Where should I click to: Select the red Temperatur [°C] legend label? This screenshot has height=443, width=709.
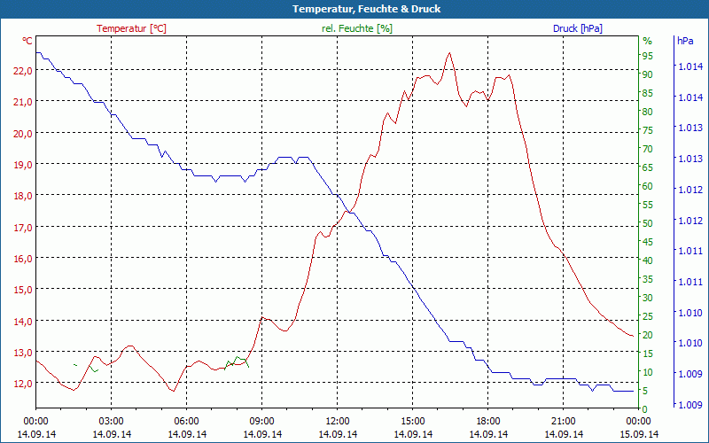[x=131, y=28]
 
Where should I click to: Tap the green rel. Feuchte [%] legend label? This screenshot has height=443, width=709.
[x=357, y=28]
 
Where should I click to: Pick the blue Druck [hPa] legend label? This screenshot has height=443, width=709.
[x=577, y=28]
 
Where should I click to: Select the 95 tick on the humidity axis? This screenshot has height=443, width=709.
[x=648, y=56]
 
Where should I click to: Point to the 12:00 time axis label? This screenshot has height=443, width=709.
[x=338, y=421]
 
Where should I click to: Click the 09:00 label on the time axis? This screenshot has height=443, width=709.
[x=262, y=421]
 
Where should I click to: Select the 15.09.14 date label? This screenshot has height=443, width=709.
[x=639, y=434]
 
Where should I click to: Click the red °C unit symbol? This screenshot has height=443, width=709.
[x=27, y=41]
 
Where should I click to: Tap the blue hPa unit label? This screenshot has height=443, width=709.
[x=685, y=41]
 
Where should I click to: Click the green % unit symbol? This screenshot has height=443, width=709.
[x=647, y=41]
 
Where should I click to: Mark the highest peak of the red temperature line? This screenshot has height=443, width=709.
[x=449, y=53]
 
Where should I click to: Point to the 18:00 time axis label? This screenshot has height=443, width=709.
[x=488, y=421]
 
